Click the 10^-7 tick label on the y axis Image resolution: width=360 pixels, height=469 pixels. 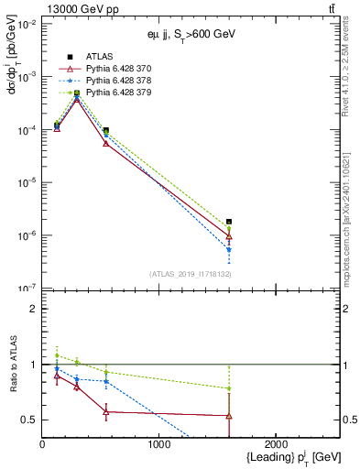click(27, 289)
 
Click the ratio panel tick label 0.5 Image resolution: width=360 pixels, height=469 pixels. click(29, 420)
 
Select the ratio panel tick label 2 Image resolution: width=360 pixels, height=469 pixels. click(33, 310)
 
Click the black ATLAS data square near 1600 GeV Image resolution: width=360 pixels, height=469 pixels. click(229, 222)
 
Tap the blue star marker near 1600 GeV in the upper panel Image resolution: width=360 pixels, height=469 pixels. click(229, 249)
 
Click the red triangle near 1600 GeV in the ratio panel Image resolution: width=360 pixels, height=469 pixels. click(229, 416)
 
